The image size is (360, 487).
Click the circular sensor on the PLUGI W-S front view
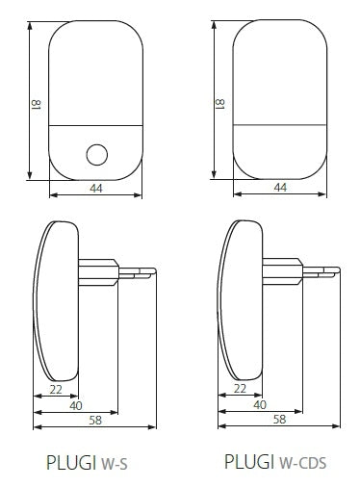(96, 153)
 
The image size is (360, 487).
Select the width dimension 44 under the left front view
(95, 188)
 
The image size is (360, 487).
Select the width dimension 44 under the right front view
(280, 188)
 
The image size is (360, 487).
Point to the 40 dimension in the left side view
(76, 404)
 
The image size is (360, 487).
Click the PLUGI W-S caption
(87, 463)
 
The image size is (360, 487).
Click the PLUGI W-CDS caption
(275, 463)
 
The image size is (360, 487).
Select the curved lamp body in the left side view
(55, 298)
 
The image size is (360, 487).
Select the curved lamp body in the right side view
(240, 298)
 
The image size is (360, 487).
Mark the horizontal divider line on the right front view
(280, 128)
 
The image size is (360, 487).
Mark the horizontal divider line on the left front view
(95, 128)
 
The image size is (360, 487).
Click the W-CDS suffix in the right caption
(302, 464)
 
